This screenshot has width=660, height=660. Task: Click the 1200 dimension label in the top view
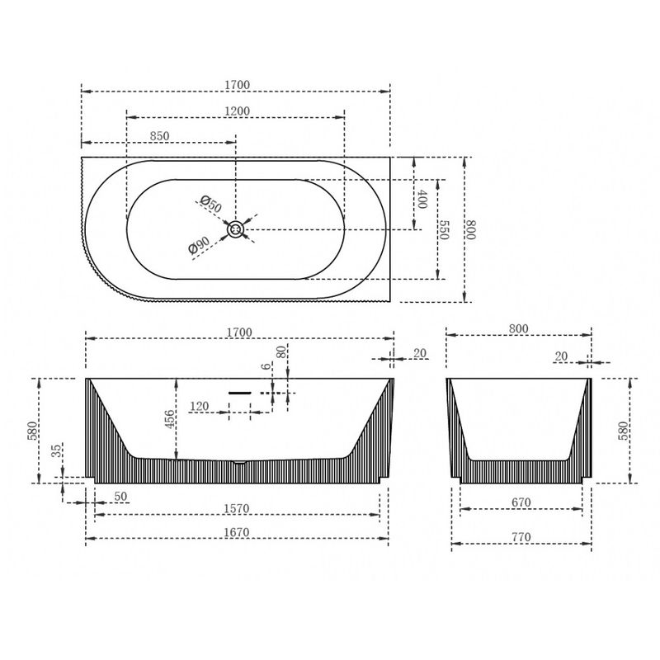pyautogui.click(x=237, y=111)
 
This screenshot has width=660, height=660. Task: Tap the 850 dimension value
pyautogui.click(x=159, y=136)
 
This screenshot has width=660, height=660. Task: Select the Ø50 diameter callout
pyautogui.click(x=210, y=204)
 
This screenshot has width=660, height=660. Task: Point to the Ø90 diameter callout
pyautogui.click(x=199, y=245)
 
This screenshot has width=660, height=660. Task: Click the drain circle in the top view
pyautogui.click(x=235, y=230)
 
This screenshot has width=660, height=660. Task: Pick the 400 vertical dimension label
pyautogui.click(x=422, y=199)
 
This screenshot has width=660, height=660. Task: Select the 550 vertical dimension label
pyautogui.click(x=443, y=229)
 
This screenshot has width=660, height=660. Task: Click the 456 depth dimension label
pyautogui.click(x=169, y=419)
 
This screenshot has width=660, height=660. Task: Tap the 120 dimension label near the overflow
pyautogui.click(x=199, y=406)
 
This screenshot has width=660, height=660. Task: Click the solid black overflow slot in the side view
pyautogui.click(x=240, y=394)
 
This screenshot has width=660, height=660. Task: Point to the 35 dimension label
pyautogui.click(x=56, y=451)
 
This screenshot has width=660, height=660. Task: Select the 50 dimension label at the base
pyautogui.click(x=120, y=497)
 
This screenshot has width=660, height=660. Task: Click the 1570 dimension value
pyautogui.click(x=237, y=508)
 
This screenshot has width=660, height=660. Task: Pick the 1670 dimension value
pyautogui.click(x=237, y=532)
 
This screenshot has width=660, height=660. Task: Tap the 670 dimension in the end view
pyautogui.click(x=521, y=502)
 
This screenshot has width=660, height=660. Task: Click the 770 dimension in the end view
pyautogui.click(x=521, y=537)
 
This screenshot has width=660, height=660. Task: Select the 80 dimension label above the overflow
pyautogui.click(x=281, y=351)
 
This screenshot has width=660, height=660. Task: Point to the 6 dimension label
pyautogui.click(x=266, y=366)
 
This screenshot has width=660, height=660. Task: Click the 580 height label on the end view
pyautogui.click(x=623, y=431)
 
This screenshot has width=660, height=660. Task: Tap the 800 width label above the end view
pyautogui.click(x=518, y=328)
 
